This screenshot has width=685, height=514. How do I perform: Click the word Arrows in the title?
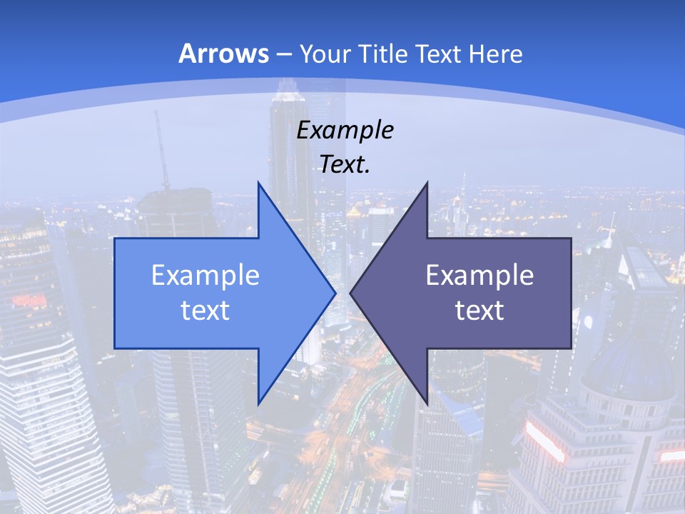click(x=224, y=54)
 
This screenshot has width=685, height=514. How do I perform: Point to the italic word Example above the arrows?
click(x=345, y=131)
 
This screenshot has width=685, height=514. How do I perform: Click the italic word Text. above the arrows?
click(x=345, y=165)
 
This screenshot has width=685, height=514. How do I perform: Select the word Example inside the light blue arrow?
click(x=205, y=275)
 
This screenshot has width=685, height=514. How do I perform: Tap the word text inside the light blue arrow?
click(x=205, y=311)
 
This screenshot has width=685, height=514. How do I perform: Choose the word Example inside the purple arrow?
click(x=479, y=275)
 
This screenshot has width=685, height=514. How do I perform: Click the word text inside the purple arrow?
click(x=479, y=311)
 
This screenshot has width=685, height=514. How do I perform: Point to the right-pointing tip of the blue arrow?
click(x=335, y=293)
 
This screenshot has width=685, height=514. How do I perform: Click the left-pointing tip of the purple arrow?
click(x=350, y=293)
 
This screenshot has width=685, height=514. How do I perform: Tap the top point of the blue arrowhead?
click(x=258, y=183)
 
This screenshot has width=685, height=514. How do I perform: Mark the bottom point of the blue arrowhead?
click(x=258, y=403)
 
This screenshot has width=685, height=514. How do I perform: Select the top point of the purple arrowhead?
click(x=427, y=183)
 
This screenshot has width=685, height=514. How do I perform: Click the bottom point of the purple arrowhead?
click(x=427, y=403)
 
